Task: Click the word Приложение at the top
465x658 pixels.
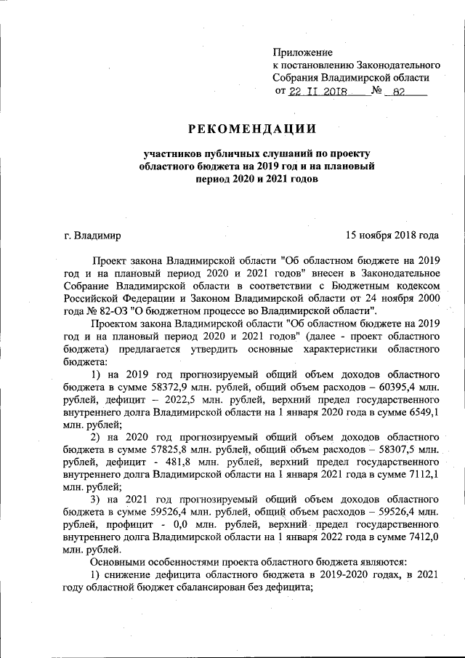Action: pyautogui.click(x=303, y=52)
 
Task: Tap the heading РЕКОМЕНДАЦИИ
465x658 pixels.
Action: pyautogui.click(x=253, y=129)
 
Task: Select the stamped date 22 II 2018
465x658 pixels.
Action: pyautogui.click(x=318, y=92)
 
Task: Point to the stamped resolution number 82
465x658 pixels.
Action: pyautogui.click(x=397, y=92)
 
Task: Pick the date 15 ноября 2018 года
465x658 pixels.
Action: pyautogui.click(x=392, y=236)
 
